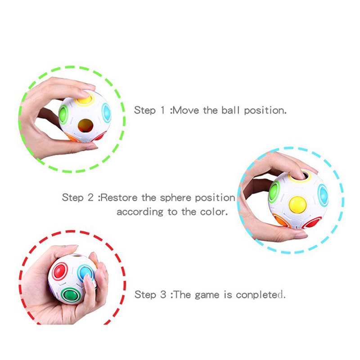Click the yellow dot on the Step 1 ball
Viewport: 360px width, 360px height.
click(85, 99)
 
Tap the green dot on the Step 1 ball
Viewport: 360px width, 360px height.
click(63, 114)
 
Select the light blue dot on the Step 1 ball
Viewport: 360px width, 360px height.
click(107, 113)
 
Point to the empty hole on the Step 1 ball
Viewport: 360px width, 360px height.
click(85, 126)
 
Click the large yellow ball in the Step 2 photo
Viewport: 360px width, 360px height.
click(297, 205)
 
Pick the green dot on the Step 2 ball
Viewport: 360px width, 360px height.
click(274, 192)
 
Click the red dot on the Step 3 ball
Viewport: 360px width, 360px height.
click(60, 271)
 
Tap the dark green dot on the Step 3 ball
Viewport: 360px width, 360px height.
click(70, 295)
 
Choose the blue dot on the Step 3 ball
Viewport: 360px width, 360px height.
click(85, 272)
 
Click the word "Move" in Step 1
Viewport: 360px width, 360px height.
click(186, 110)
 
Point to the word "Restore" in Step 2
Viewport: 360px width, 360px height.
click(119, 198)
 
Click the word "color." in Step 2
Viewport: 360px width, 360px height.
click(214, 211)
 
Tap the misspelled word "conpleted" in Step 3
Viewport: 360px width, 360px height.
click(261, 295)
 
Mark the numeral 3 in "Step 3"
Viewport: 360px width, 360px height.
click(163, 295)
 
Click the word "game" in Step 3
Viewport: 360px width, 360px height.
click(207, 296)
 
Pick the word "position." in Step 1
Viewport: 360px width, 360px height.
click(265, 111)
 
